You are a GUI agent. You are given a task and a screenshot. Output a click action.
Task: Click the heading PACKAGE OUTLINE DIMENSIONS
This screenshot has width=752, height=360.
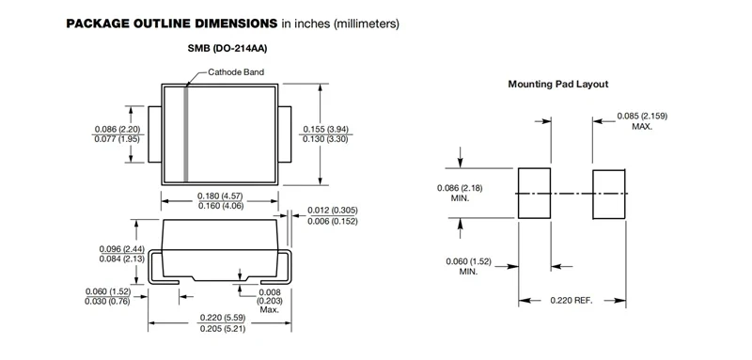pyautogui.click(x=172, y=23)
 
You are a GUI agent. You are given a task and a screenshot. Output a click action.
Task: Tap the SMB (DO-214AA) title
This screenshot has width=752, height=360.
pyautogui.click(x=227, y=49)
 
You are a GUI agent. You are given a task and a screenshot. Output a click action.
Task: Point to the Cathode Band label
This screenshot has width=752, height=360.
pyautogui.click(x=236, y=71)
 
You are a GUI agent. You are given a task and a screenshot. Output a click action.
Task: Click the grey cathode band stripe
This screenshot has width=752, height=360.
pyautogui.click(x=186, y=134)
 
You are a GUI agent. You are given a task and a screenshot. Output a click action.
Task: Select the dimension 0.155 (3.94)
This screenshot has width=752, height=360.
pyautogui.click(x=325, y=129)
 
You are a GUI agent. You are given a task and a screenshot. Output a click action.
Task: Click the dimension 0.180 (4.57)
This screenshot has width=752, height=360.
pyautogui.click(x=220, y=196)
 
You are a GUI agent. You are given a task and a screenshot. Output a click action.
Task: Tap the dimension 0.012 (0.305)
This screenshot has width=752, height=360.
pyautogui.click(x=333, y=211)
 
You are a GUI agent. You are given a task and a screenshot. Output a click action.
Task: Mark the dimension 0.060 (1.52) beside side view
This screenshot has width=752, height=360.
pyautogui.click(x=107, y=291)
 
